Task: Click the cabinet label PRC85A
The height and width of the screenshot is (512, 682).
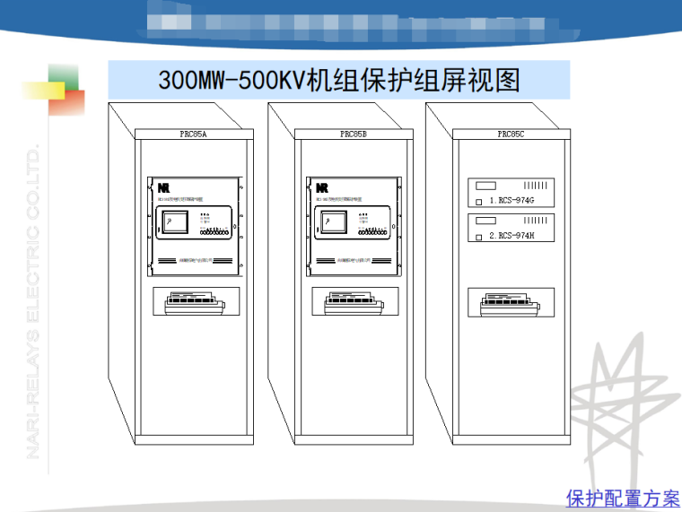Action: click(x=193, y=134)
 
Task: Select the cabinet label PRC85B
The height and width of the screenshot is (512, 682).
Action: click(x=353, y=134)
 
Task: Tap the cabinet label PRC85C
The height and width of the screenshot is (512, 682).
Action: click(x=511, y=134)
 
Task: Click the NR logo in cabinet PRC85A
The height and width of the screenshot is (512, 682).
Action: click(x=163, y=188)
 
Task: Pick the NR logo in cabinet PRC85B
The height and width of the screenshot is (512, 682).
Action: click(x=322, y=188)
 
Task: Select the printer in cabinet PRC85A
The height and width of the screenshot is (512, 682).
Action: click(x=193, y=304)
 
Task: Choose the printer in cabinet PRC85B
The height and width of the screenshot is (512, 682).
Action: click(x=353, y=304)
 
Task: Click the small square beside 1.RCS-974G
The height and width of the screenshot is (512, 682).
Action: click(x=479, y=203)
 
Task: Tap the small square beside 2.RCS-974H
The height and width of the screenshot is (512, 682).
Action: click(x=479, y=237)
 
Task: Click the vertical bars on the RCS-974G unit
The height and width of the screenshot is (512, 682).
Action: click(x=536, y=186)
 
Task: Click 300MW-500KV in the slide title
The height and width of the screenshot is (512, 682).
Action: click(x=232, y=81)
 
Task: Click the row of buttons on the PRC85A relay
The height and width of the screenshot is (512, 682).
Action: click(x=214, y=232)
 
